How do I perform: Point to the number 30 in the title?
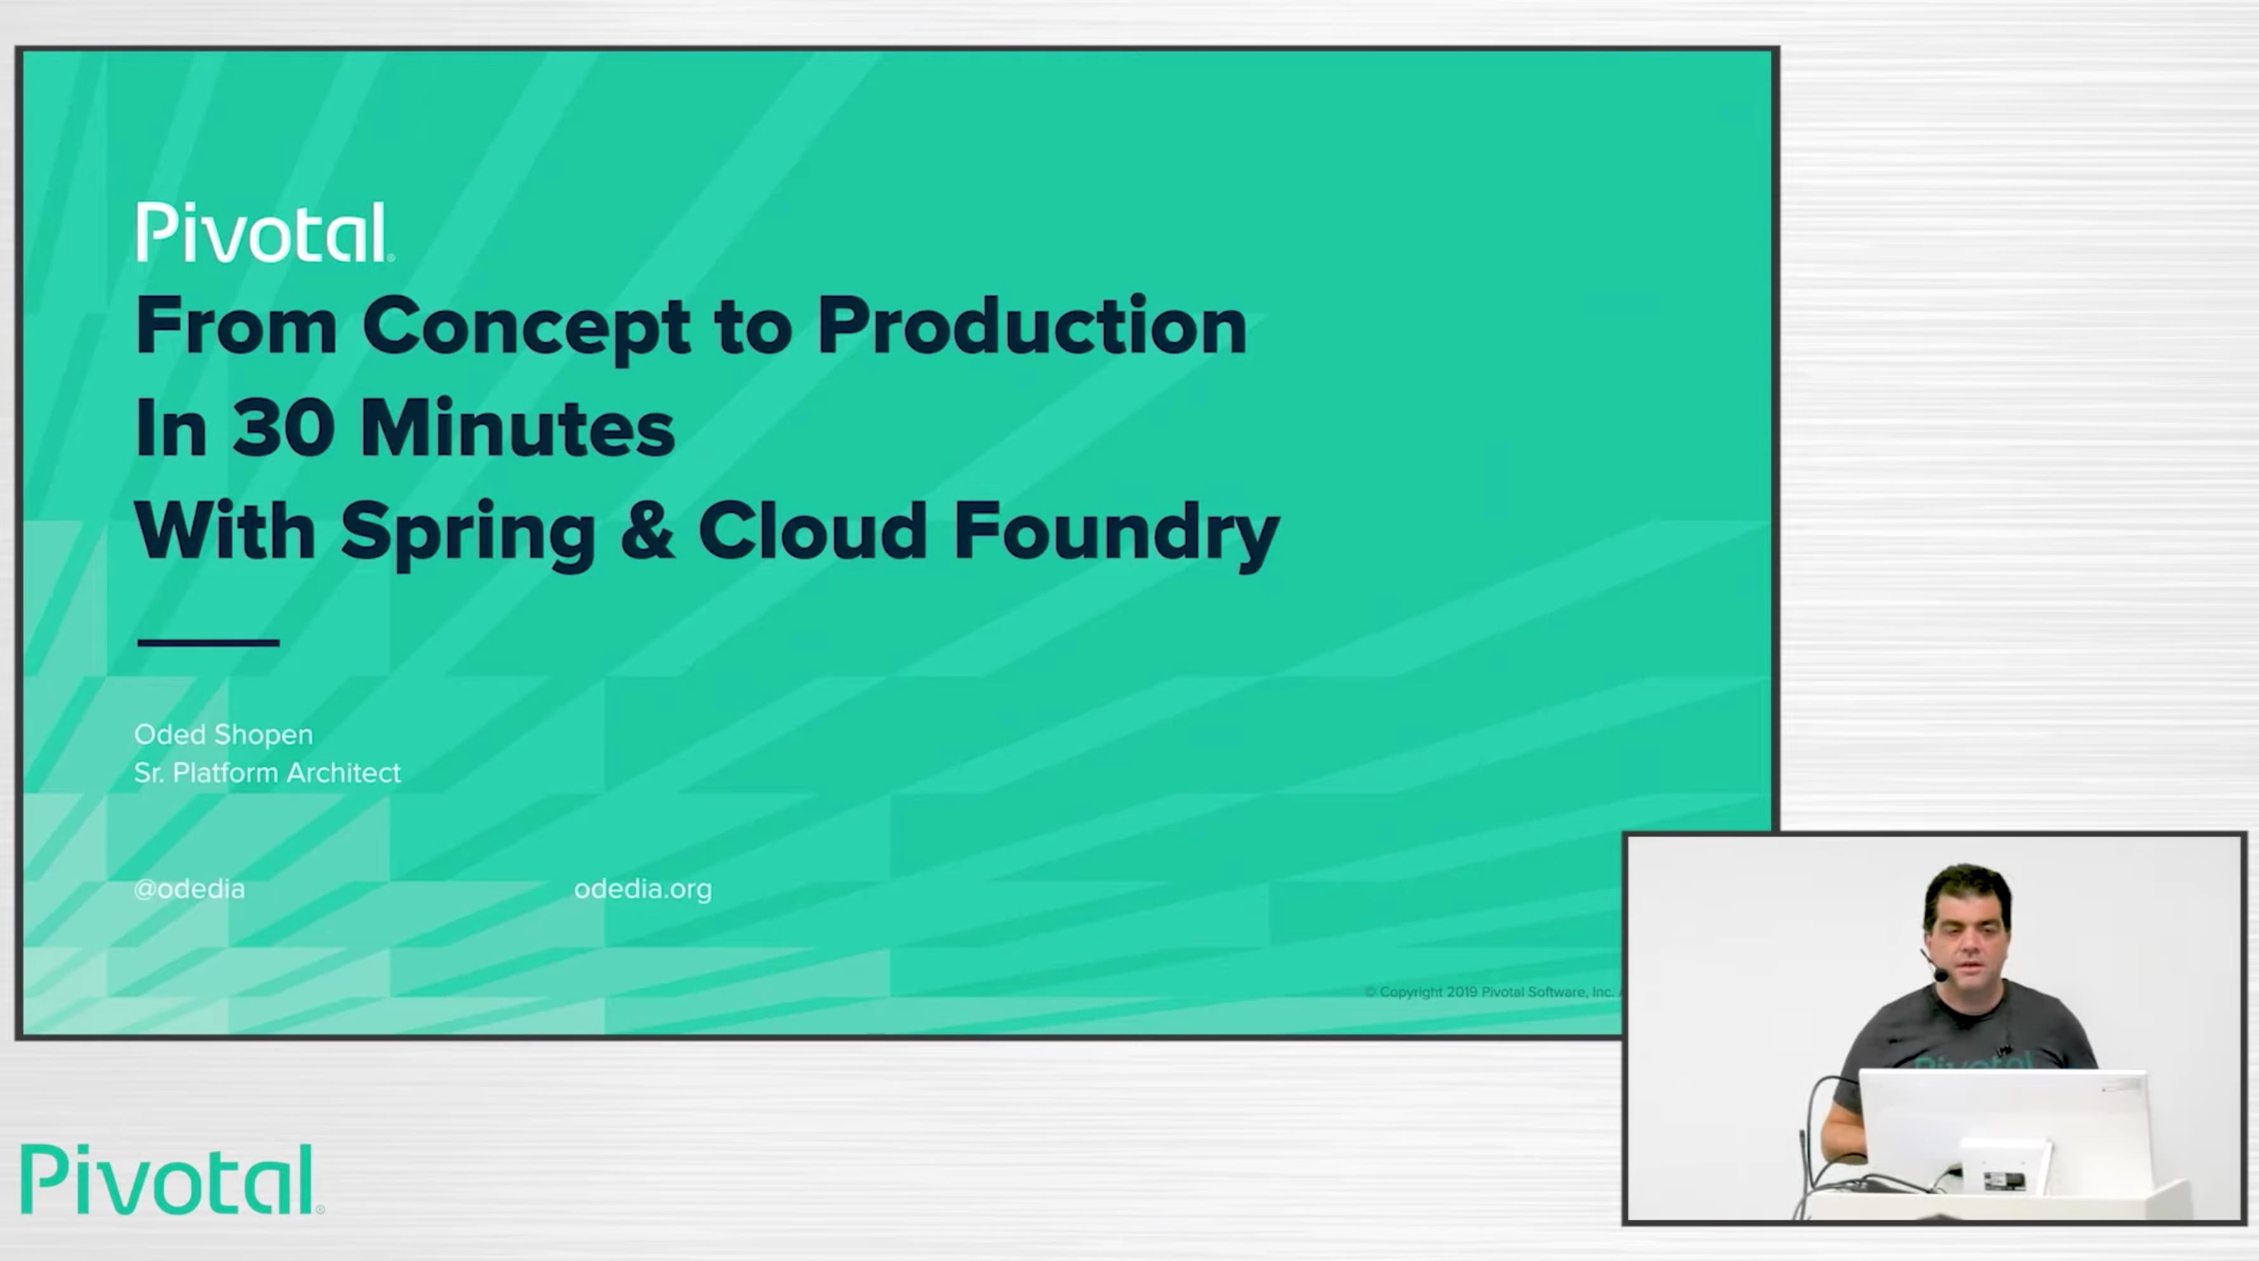pyautogui.click(x=283, y=429)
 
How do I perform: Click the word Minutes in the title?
pyautogui.click(x=517, y=429)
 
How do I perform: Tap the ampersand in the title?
pyautogui.click(x=647, y=531)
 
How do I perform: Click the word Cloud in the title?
pyautogui.click(x=812, y=531)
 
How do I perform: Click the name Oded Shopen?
pyautogui.click(x=223, y=734)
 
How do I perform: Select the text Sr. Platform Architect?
pyautogui.click(x=267, y=773)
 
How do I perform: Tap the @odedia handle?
pyautogui.click(x=189, y=889)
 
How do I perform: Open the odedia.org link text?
pyautogui.click(x=643, y=889)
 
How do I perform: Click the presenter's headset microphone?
pyautogui.click(x=1941, y=974)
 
